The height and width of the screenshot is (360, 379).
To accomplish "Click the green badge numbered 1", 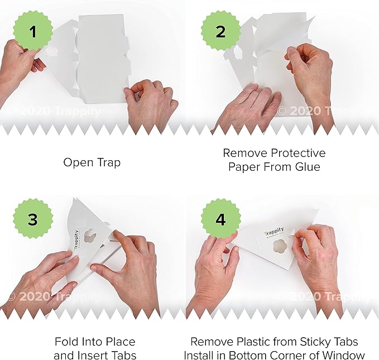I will click(33, 32).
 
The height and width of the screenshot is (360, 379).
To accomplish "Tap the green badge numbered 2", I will click(220, 32).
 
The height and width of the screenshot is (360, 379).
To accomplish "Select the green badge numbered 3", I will click(33, 219).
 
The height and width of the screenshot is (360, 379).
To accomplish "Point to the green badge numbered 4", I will click(220, 219).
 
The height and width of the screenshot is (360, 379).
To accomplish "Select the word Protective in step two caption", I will click(297, 153).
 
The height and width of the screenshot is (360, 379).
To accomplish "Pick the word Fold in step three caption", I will click(66, 342).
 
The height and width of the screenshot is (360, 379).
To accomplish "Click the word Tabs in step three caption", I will click(123, 356).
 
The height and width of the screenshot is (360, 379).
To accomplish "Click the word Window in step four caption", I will click(345, 356).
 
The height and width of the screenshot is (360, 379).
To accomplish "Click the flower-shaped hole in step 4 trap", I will click(288, 248).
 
